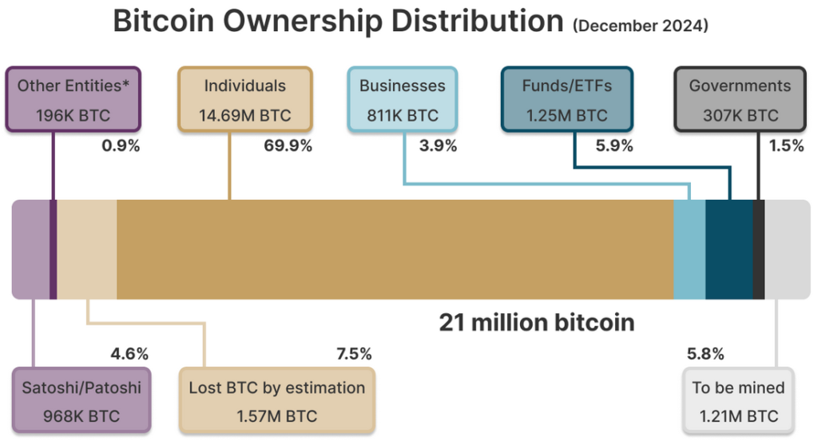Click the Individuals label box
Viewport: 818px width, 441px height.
[244, 100]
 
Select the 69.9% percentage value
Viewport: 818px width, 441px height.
[288, 145]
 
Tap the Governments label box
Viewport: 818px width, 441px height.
[740, 100]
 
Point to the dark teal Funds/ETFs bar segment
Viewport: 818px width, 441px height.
[729, 249]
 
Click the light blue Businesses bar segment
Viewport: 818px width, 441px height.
[689, 249]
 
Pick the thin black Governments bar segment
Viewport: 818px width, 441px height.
[759, 249]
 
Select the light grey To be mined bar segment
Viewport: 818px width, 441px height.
[788, 249]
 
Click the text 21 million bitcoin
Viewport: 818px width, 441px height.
[537, 323]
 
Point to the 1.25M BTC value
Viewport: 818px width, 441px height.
[566, 116]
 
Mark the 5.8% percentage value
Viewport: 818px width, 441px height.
[705, 354]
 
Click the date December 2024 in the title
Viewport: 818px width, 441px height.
[640, 26]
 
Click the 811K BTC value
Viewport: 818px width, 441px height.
[403, 116]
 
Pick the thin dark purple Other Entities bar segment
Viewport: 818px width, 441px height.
[54, 249]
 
